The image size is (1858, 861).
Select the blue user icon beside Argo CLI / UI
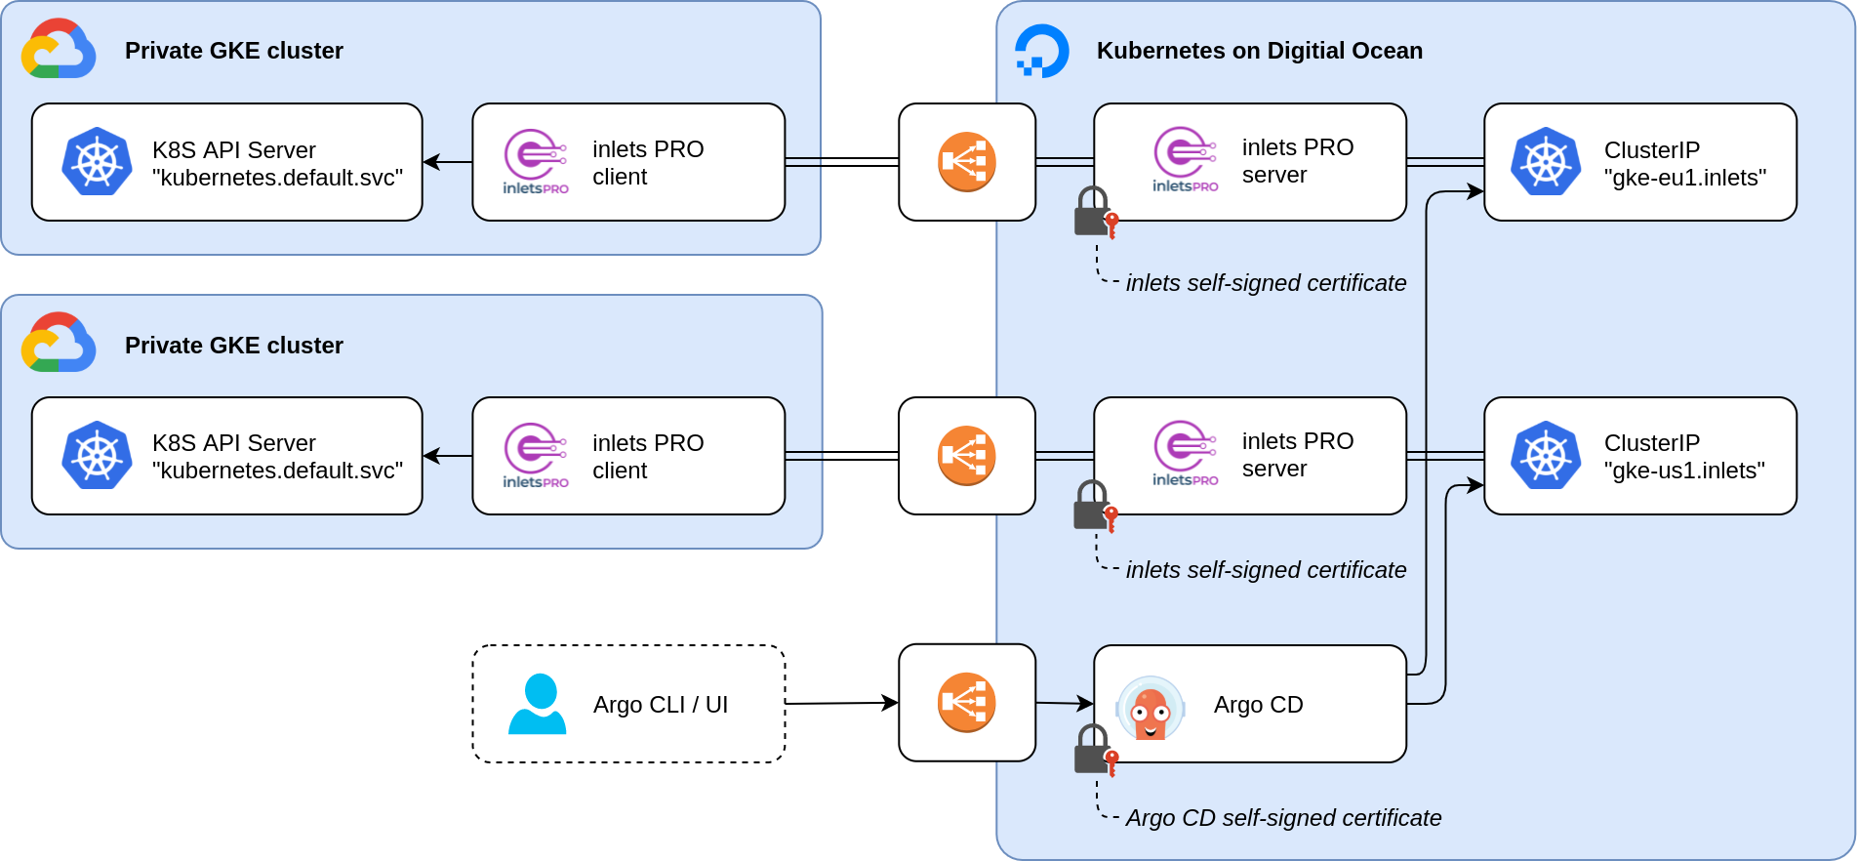[538, 704]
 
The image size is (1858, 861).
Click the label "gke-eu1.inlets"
[1685, 178]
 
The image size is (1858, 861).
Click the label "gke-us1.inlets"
[1684, 471]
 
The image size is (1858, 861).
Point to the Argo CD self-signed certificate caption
[1283, 818]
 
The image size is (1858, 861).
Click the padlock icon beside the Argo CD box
[1093, 750]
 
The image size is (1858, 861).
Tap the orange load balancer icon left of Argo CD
[966, 703]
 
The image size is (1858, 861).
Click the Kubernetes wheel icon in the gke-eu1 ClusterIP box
[1546, 162]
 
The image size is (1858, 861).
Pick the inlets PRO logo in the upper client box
[535, 161]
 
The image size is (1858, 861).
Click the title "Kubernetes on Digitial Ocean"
[1259, 51]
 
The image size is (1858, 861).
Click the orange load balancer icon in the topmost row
[966, 162]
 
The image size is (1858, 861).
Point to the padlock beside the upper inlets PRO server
[1093, 212]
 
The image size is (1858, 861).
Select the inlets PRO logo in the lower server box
[1185, 453]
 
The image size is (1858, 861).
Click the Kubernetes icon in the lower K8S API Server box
[97, 456]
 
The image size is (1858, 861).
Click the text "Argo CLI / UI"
[661, 705]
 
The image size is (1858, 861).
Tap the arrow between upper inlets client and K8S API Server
[447, 162]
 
